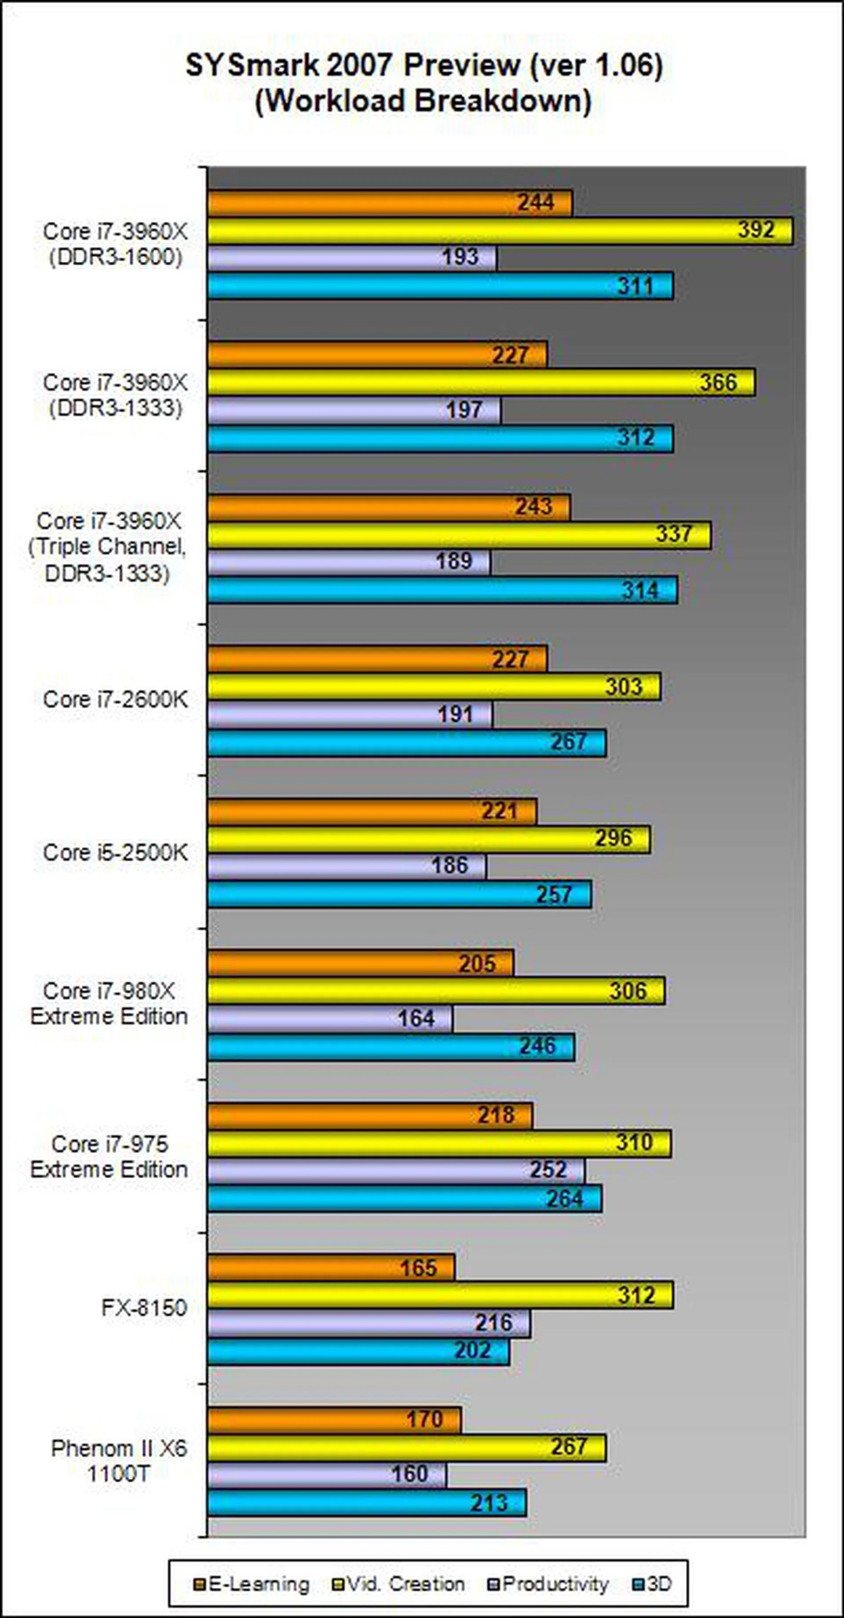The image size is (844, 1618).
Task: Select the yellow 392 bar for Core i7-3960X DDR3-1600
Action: click(500, 231)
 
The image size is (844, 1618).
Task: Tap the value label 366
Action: click(718, 382)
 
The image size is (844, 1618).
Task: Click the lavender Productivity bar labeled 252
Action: click(396, 1171)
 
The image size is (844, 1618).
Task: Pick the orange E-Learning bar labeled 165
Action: click(331, 1267)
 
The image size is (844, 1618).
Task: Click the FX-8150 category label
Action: click(144, 1308)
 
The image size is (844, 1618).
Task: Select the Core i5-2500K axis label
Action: click(115, 853)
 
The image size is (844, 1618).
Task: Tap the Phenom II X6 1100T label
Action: click(119, 1461)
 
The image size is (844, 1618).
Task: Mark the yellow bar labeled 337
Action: click(459, 535)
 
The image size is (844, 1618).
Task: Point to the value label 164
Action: click(416, 1018)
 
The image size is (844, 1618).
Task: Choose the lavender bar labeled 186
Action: click(346, 866)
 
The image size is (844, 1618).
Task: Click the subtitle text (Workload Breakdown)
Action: click(423, 101)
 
